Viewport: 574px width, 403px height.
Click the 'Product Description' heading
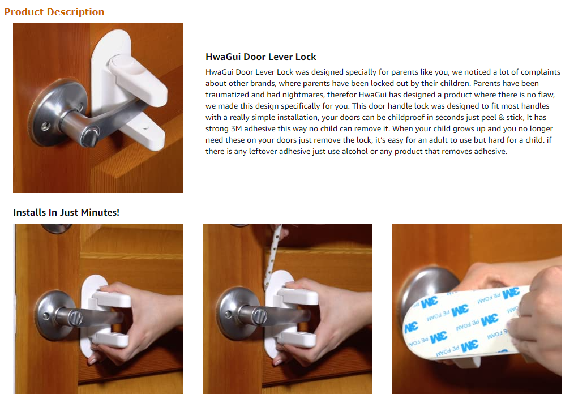[54, 12]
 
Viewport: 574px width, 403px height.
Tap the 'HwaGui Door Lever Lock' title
[260, 57]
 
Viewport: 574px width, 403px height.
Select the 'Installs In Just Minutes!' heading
[66, 212]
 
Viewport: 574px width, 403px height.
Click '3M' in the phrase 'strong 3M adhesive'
[236, 129]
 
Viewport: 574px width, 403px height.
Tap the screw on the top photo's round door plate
[45, 127]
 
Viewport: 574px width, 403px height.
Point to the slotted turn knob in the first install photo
[75, 318]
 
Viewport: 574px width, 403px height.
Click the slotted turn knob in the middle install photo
[259, 317]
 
